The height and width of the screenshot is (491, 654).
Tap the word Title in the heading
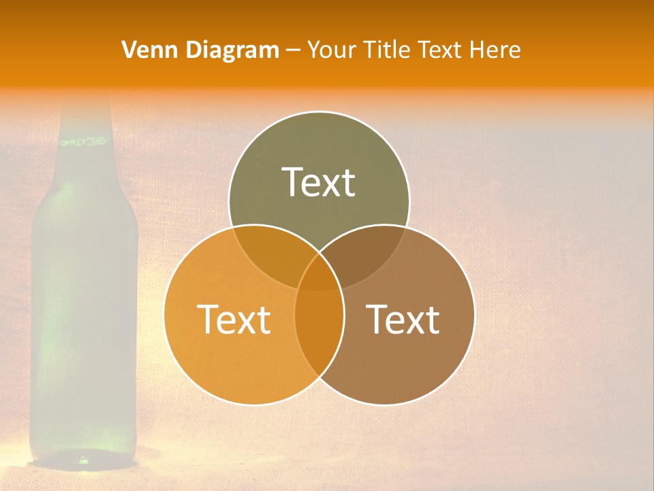[388, 50]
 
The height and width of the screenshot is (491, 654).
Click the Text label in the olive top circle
[319, 182]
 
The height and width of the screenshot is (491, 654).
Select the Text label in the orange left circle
[234, 319]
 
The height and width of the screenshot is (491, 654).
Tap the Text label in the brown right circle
[403, 319]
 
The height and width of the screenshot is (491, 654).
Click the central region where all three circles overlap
[319, 273]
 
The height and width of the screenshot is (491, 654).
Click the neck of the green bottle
[84, 116]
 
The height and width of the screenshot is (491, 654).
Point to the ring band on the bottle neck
[84, 142]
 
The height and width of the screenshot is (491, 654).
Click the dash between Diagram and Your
[293, 50]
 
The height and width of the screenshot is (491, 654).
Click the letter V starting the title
[128, 50]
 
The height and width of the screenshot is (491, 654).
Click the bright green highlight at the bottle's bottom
[83, 460]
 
